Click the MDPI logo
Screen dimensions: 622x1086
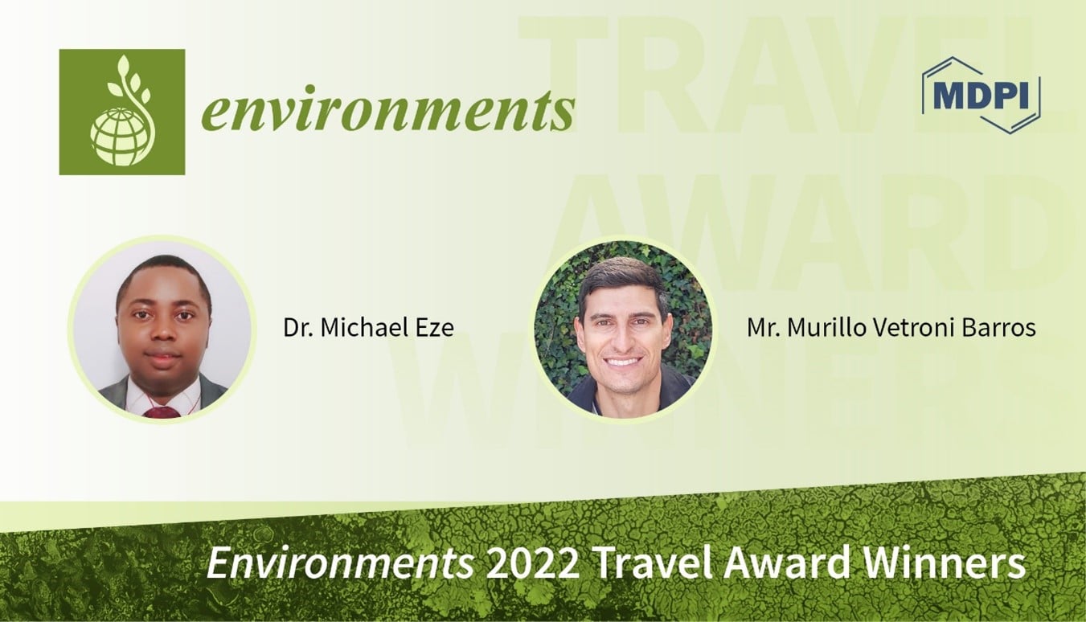(x=981, y=94)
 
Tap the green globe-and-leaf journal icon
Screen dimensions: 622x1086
(x=121, y=112)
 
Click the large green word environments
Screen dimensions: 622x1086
(x=387, y=111)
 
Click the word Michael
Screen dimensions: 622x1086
(x=363, y=328)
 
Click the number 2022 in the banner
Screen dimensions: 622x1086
(x=531, y=564)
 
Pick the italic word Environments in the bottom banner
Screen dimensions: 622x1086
(x=340, y=564)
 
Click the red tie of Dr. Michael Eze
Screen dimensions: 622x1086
(x=162, y=411)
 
